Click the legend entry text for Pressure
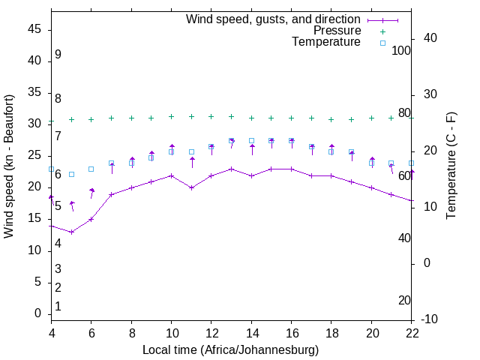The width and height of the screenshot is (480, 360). point(337,31)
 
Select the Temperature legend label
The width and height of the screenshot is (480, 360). point(326,42)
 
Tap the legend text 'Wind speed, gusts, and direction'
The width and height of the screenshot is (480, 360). point(274,19)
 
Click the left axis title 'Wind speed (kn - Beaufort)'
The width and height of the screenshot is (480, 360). point(9,166)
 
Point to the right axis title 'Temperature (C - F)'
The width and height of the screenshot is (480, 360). point(451,165)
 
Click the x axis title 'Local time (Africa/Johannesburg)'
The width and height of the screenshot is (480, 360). point(231,349)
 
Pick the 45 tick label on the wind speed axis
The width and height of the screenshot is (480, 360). point(34,29)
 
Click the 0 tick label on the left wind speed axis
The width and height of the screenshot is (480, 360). point(37,313)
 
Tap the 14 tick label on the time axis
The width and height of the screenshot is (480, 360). point(252,332)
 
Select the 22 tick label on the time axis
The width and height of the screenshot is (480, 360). point(412,332)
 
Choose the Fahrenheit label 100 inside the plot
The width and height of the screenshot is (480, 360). point(401,50)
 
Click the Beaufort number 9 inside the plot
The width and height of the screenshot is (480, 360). point(58,55)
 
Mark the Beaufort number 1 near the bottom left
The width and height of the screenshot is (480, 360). point(58,306)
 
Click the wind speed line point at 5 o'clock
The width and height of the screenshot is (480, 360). point(72,232)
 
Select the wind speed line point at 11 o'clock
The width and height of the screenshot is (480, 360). point(192,187)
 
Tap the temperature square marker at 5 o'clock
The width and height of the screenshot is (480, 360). point(72,174)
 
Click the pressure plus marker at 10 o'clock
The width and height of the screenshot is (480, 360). point(172,116)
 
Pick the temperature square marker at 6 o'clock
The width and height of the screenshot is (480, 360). point(91,169)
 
